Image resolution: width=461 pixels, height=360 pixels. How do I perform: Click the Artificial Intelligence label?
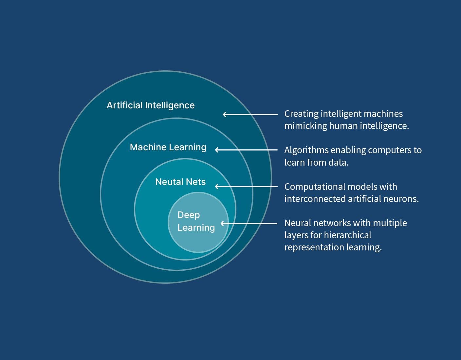(x=151, y=105)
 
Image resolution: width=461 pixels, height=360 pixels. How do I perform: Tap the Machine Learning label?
(x=168, y=147)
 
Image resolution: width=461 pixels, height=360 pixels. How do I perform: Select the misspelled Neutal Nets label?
(x=180, y=182)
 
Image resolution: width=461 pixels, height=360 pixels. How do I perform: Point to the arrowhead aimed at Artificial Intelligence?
(x=225, y=115)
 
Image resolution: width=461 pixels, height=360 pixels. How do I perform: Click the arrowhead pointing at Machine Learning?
(x=217, y=150)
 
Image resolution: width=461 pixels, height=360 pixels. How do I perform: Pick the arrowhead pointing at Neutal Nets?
(x=217, y=187)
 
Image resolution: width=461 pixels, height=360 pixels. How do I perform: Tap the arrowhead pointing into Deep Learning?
(x=222, y=224)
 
